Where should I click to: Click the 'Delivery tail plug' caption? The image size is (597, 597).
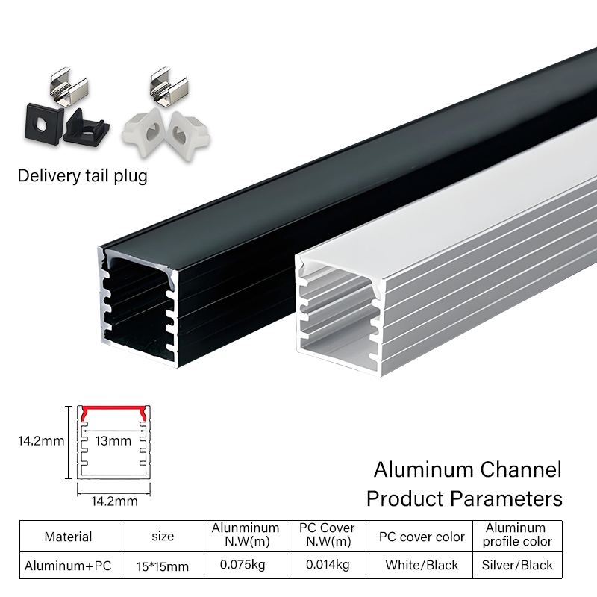point(82,176)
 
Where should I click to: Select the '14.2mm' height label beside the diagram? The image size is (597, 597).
point(41,440)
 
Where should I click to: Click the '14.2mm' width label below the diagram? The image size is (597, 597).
point(113,501)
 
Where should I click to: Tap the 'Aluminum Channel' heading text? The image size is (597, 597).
point(467,470)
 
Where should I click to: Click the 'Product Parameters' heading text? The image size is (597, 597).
point(464,498)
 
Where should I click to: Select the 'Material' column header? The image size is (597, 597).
point(68,537)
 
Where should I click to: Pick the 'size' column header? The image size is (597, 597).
point(162,536)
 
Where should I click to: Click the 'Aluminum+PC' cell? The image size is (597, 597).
point(68,566)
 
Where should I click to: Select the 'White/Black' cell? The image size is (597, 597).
point(422,565)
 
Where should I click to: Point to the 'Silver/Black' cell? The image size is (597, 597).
point(518,565)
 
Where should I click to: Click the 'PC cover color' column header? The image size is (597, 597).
point(422,537)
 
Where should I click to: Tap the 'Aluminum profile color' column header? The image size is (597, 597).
point(517,534)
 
